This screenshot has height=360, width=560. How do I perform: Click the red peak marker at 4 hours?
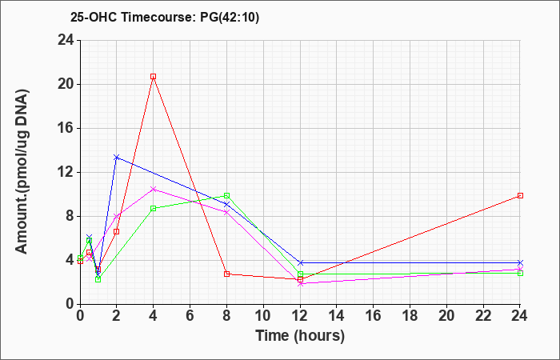[154, 77]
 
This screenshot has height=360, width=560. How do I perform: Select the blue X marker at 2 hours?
[117, 157]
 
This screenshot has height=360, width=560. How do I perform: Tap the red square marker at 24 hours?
[520, 196]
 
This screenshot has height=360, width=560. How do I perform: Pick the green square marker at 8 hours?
[226, 196]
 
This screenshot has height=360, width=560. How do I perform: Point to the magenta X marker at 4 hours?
[154, 190]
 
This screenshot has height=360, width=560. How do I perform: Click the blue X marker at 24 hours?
[520, 263]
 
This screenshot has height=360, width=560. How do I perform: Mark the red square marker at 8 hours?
[226, 274]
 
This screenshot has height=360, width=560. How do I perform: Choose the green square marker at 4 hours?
[154, 209]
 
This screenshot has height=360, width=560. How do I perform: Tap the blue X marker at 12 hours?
[300, 263]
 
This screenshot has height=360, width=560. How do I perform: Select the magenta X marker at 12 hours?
[300, 284]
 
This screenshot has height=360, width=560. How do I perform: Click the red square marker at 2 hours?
[117, 232]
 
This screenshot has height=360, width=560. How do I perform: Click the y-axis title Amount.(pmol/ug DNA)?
[22, 171]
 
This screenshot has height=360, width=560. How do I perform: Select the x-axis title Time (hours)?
[300, 336]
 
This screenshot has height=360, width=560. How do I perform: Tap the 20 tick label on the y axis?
[66, 85]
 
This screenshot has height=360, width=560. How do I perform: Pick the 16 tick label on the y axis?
[66, 129]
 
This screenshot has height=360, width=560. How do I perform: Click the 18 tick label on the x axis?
[410, 316]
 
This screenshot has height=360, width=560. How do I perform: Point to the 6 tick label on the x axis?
[190, 316]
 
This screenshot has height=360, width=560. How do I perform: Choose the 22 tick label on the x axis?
[483, 316]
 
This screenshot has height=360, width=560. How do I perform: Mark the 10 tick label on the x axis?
[263, 316]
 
